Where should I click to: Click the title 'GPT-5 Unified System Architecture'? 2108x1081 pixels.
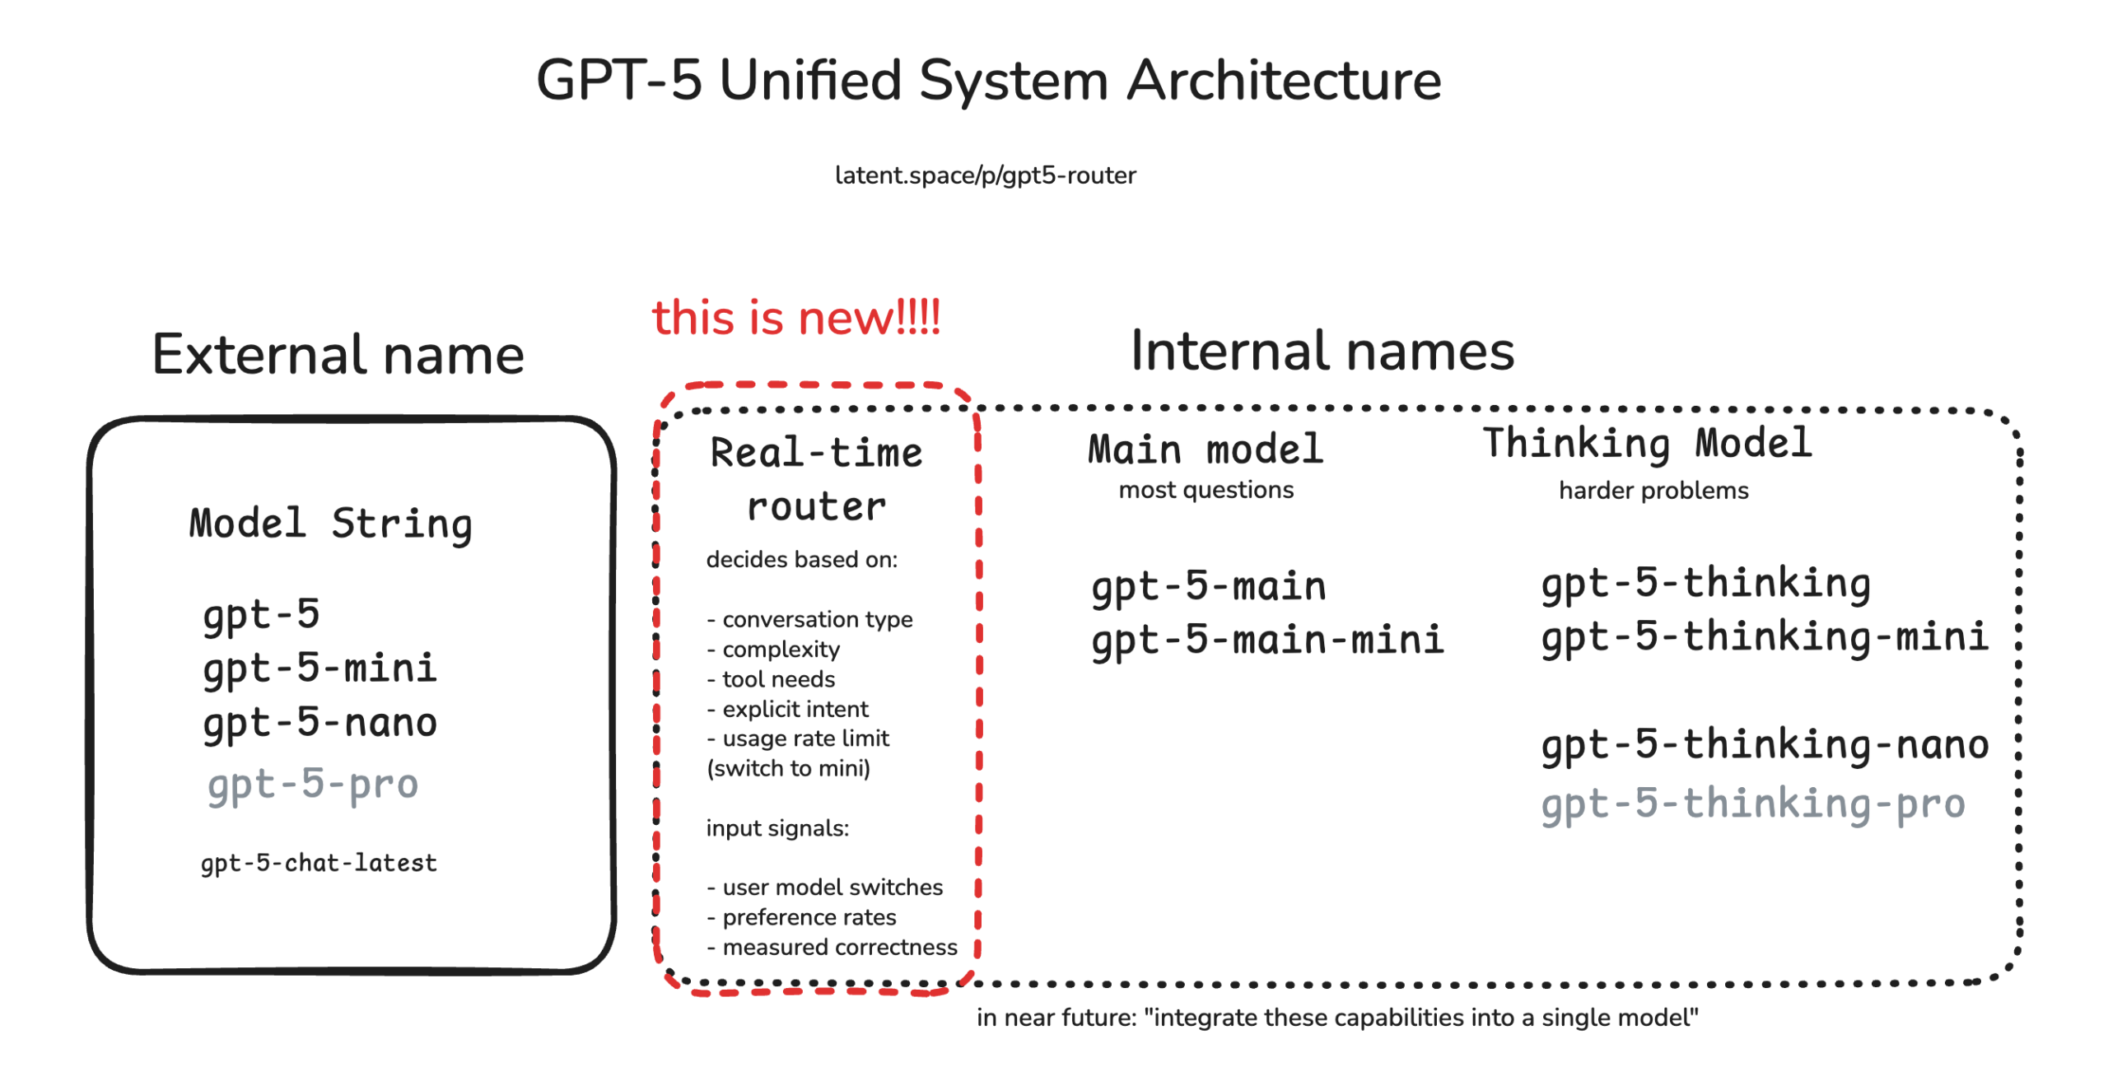[x=987, y=81]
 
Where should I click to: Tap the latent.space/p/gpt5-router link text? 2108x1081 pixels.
[x=985, y=175]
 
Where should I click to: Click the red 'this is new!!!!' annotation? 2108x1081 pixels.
[x=795, y=318]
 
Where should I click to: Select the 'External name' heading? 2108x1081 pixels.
[x=338, y=355]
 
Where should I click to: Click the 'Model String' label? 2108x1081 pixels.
[x=330, y=524]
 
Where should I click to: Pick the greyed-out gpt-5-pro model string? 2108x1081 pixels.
[x=313, y=784]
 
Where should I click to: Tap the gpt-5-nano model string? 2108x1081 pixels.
[x=319, y=723]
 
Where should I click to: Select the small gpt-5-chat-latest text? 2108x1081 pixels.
[x=319, y=863]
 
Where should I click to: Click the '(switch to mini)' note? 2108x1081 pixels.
[x=788, y=768]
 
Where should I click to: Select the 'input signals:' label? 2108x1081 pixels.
[x=777, y=828]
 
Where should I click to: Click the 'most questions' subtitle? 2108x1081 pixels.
[x=1206, y=490]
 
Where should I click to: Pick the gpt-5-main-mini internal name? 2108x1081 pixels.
[x=1267, y=641]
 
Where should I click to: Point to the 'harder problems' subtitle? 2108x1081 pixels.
[x=1653, y=491]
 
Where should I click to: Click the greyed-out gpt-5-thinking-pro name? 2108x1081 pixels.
[x=1752, y=804]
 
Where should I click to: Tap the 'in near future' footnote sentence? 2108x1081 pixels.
[x=1336, y=1018]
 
